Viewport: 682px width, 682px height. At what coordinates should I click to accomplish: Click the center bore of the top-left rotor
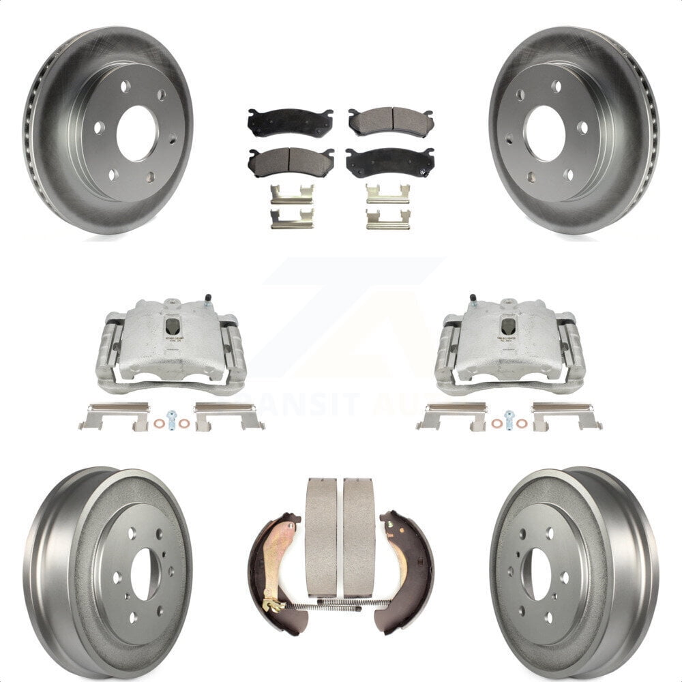(137, 133)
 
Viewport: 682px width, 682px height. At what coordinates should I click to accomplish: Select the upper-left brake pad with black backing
(289, 122)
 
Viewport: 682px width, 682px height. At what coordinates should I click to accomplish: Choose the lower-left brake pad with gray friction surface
(290, 162)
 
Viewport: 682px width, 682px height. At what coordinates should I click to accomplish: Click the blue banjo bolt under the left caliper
(170, 417)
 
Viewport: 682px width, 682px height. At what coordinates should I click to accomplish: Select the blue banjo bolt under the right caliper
(509, 417)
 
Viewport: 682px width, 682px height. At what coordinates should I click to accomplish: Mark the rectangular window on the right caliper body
(508, 327)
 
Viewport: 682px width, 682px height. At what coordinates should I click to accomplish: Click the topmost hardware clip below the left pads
(291, 195)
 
